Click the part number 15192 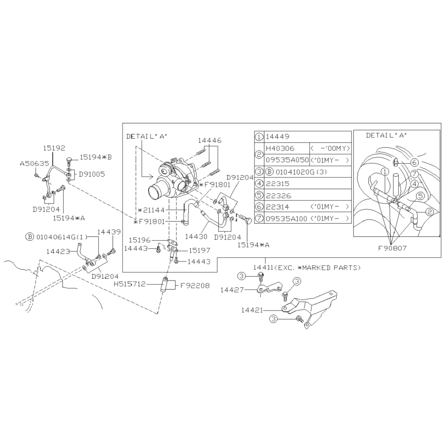pyautogui.click(x=54, y=148)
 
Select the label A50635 pyautogui.click(x=34, y=164)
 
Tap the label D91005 pyautogui.click(x=92, y=174)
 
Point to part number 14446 pyautogui.click(x=209, y=141)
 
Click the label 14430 pyautogui.click(x=196, y=237)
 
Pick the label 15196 pyautogui.click(x=140, y=240)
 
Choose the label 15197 pyautogui.click(x=199, y=250)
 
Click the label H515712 pyautogui.click(x=130, y=284)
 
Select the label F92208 pyautogui.click(x=195, y=285)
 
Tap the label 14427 pyautogui.click(x=232, y=290)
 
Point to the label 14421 pyautogui.click(x=252, y=310)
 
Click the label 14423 pyautogui.click(x=58, y=252)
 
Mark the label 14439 pyautogui.click(x=109, y=232)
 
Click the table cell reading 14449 pyautogui.click(x=277, y=137)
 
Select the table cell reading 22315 pyautogui.click(x=277, y=184)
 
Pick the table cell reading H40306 pyautogui.click(x=280, y=148)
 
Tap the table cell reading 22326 pyautogui.click(x=278, y=196)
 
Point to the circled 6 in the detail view pyautogui.click(x=414, y=162)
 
